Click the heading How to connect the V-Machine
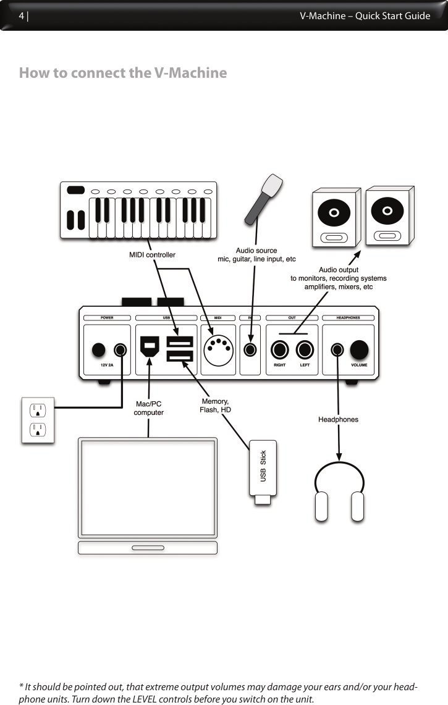point(123,73)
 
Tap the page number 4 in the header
point(22,16)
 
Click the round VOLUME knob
point(359,349)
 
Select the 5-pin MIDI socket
point(218,349)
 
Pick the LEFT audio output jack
point(305,350)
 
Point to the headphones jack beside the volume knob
point(337,350)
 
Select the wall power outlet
point(38,420)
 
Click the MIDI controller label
point(152,254)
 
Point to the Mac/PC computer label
point(149,408)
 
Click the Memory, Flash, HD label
point(215,406)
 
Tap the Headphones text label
point(338,419)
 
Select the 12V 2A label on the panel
point(106,365)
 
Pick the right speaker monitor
point(388,216)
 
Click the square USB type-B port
point(150,346)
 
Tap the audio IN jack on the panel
point(250,350)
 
